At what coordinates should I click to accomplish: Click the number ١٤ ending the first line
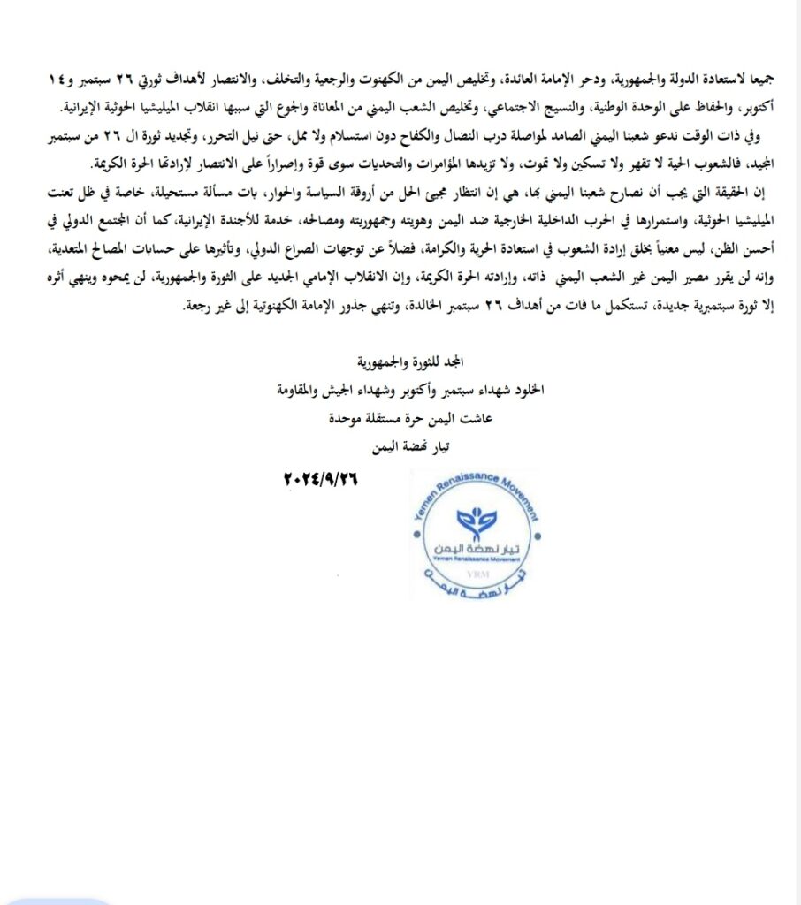[57, 78]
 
